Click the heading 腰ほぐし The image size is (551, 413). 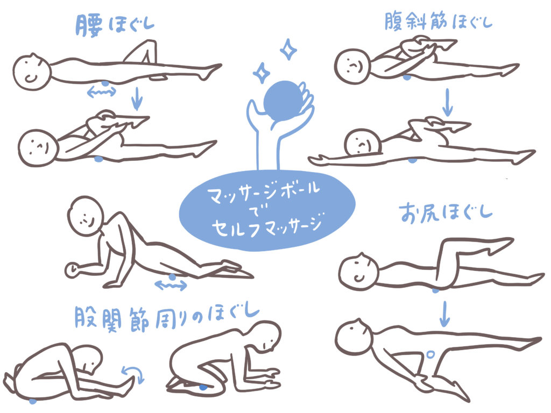click(x=115, y=25)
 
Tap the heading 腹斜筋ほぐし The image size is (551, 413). click(x=438, y=21)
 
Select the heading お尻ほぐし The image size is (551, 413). click(x=445, y=212)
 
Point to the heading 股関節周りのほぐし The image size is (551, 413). click(x=167, y=318)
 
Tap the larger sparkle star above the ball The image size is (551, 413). click(x=288, y=49)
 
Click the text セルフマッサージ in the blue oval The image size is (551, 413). click(x=267, y=226)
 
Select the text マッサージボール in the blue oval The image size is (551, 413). click(x=264, y=193)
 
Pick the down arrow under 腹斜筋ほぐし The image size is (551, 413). click(x=447, y=102)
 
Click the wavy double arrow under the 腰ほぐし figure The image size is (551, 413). click(x=101, y=92)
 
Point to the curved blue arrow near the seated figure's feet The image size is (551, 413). click(x=134, y=373)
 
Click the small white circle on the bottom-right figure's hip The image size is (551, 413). click(x=430, y=354)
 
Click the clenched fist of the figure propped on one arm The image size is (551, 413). click(x=73, y=270)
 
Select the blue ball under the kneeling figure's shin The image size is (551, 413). click(x=203, y=387)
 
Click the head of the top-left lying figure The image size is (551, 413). click(x=32, y=73)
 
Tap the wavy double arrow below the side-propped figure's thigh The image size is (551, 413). click(x=171, y=285)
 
